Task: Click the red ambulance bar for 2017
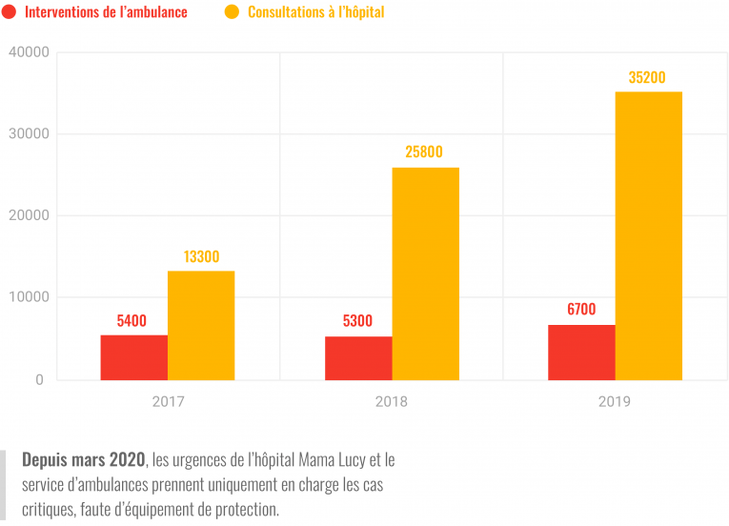(x=133, y=357)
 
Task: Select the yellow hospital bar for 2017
(x=201, y=326)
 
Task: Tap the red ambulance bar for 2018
(x=358, y=358)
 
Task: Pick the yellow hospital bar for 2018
(x=425, y=274)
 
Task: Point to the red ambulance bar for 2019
(x=581, y=353)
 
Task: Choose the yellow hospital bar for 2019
(x=648, y=236)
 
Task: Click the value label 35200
(x=647, y=78)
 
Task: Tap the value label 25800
(x=424, y=152)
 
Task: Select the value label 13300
(x=201, y=256)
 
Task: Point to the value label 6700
(x=580, y=309)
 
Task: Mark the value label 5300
(x=357, y=321)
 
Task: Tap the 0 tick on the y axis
(x=39, y=380)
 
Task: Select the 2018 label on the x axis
(x=392, y=402)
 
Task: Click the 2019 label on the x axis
(x=615, y=402)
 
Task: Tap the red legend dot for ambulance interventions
(x=9, y=12)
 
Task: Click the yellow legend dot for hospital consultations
(x=232, y=12)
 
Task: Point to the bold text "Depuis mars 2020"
(x=84, y=460)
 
